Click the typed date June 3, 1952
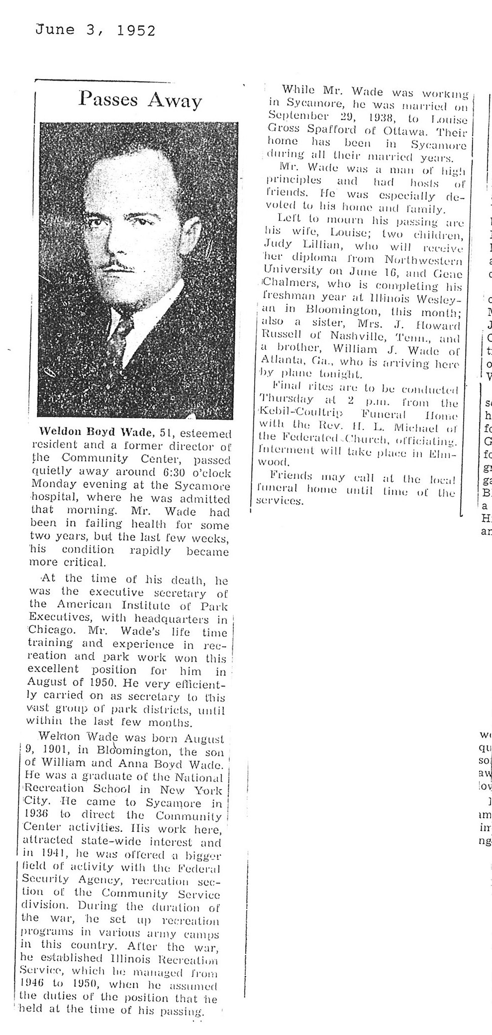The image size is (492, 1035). click(x=95, y=31)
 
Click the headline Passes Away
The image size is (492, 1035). click(x=140, y=101)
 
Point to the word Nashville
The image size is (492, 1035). click(x=361, y=338)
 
